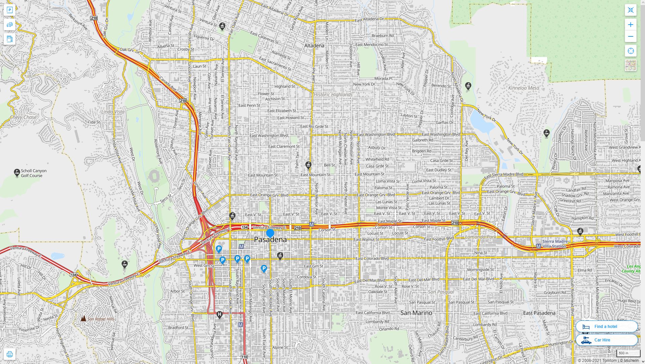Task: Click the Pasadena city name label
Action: click(x=270, y=240)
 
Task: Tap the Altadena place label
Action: click(x=314, y=45)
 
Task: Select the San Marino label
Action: click(x=416, y=313)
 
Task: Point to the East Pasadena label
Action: click(x=539, y=313)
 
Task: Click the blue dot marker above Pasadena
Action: click(x=270, y=233)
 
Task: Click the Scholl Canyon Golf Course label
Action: click(x=33, y=173)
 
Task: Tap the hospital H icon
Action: click(x=219, y=314)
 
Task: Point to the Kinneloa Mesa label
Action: click(x=524, y=88)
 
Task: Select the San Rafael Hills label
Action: click(x=101, y=319)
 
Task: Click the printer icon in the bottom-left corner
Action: click(x=9, y=354)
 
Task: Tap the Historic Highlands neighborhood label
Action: click(x=333, y=95)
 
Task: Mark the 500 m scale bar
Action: click(x=628, y=353)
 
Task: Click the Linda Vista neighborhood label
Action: click(x=113, y=112)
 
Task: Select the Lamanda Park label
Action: click(x=480, y=237)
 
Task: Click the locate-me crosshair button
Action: click(x=631, y=51)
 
